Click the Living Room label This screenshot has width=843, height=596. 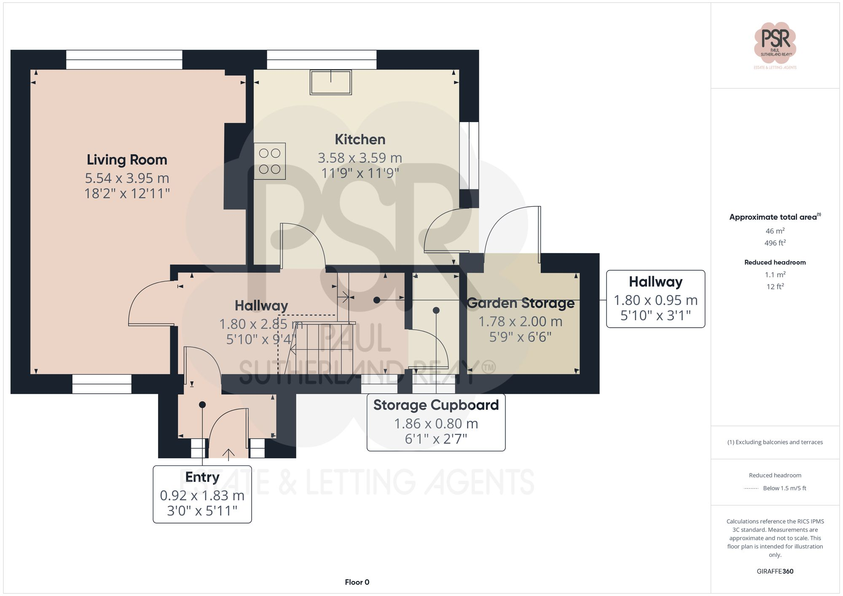127,160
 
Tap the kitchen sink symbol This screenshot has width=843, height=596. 331,82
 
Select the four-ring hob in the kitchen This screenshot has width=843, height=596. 270,161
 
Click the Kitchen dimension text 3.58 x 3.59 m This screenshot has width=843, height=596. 360,158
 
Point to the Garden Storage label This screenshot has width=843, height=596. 521,303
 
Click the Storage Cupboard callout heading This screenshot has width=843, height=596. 436,405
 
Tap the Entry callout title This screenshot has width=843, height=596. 202,477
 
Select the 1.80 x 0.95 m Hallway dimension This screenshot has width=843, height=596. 655,300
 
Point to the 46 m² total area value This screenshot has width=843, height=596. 775,231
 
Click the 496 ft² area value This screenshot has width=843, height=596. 775,243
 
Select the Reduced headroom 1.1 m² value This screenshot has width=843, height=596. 775,275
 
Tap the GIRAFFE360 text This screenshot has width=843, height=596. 775,572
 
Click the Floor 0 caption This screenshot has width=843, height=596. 357,582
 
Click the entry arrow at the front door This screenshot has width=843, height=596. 228,454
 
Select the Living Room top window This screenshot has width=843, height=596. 124,60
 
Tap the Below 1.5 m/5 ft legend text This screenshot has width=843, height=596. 784,488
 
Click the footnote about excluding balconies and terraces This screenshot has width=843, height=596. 775,442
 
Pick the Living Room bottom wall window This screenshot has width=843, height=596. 102,384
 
